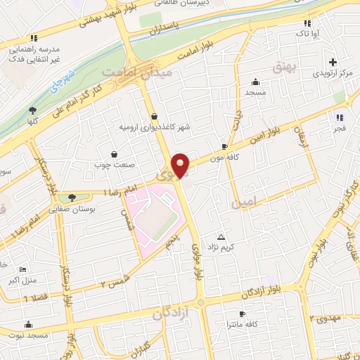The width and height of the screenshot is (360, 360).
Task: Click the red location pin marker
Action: click(181, 165)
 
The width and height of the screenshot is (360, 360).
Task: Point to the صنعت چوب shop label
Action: click(108, 165)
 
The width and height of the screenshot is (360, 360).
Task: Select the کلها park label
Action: click(32, 121)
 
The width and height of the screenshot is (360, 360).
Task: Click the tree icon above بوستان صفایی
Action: click(71, 198)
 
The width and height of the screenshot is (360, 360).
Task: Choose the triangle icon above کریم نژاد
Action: click(221, 236)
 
